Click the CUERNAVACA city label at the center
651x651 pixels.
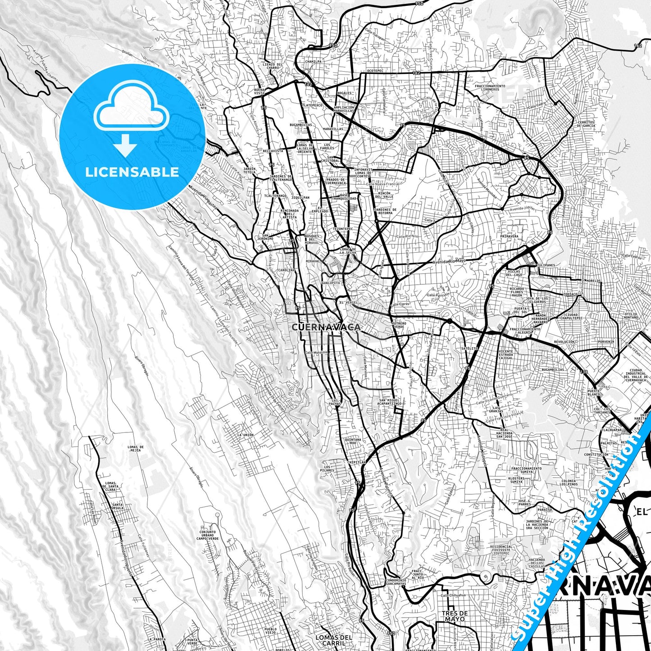click(326, 327)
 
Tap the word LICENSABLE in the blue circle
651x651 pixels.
click(132, 172)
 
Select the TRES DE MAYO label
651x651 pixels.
click(454, 616)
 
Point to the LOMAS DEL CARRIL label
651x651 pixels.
click(333, 640)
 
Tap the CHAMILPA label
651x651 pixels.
click(313, 62)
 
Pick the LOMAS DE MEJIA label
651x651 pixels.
click(136, 449)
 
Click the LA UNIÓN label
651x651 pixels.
click(245, 435)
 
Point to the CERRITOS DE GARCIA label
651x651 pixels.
click(586, 124)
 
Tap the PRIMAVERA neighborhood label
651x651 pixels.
click(509, 236)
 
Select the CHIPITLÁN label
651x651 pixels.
click(356, 462)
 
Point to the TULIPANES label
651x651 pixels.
click(546, 265)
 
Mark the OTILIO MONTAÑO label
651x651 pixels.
click(630, 316)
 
